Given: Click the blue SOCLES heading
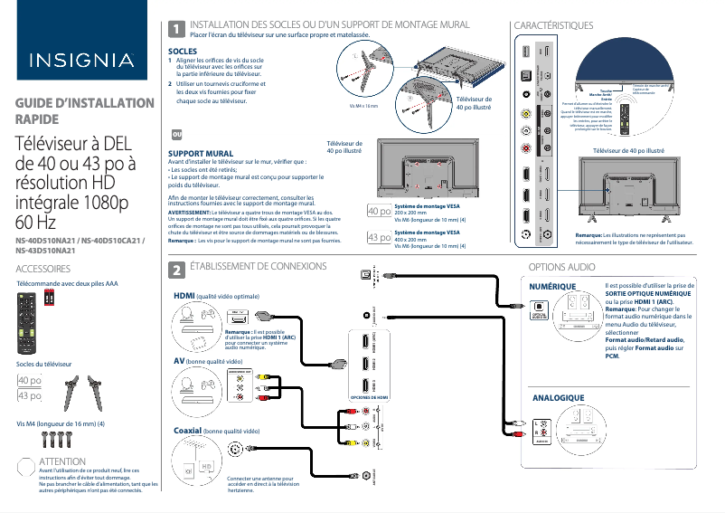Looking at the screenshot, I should click(x=183, y=52).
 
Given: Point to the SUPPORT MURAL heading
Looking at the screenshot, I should click(x=202, y=155).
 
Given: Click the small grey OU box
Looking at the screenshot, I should click(x=176, y=134).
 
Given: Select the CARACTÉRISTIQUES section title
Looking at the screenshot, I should click(x=552, y=26).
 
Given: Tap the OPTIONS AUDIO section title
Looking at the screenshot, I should click(x=561, y=268).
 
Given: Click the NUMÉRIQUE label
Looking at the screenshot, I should click(x=552, y=286).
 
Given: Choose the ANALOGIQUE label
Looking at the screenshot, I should click(x=559, y=398).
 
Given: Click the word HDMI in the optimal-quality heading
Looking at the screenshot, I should click(x=184, y=296).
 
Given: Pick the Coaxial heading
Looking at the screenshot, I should click(x=187, y=432).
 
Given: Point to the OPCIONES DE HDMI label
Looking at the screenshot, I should click(x=368, y=397).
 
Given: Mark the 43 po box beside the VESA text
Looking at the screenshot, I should click(x=380, y=238).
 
